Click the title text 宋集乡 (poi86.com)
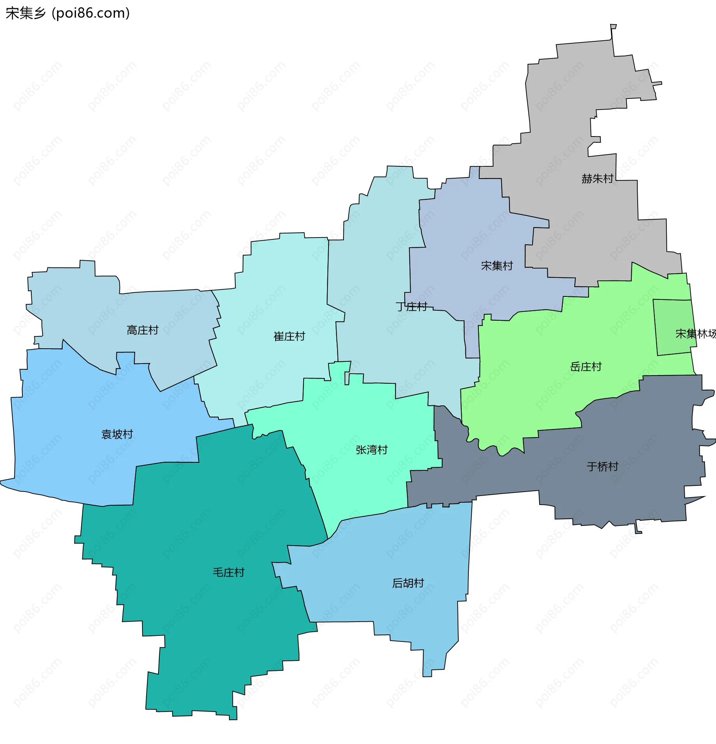(x=67, y=13)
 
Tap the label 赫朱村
(x=597, y=178)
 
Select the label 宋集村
(x=497, y=266)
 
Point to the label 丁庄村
(x=411, y=306)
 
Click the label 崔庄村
(x=289, y=336)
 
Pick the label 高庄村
(x=142, y=330)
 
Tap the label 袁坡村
(x=117, y=434)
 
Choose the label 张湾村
(x=371, y=450)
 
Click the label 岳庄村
(x=586, y=367)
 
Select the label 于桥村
(x=603, y=467)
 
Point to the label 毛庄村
(x=228, y=572)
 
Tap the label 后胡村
(x=408, y=583)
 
